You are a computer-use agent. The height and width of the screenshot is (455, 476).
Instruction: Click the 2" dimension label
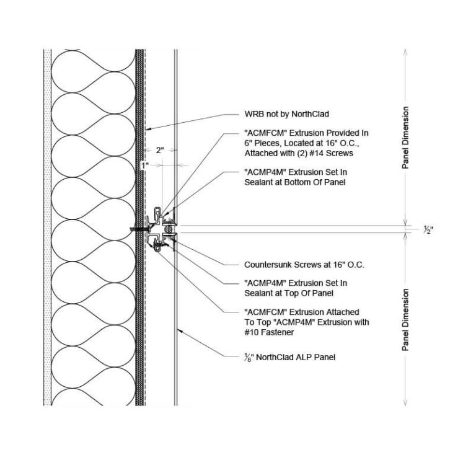(x=159, y=151)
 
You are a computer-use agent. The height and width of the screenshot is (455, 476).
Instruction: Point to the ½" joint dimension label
(x=428, y=229)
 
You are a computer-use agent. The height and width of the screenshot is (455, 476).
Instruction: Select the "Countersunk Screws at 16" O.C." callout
(x=304, y=265)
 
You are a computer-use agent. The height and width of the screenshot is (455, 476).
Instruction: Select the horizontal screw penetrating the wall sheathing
(x=140, y=229)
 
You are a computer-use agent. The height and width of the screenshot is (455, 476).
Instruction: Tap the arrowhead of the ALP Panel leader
(x=177, y=329)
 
